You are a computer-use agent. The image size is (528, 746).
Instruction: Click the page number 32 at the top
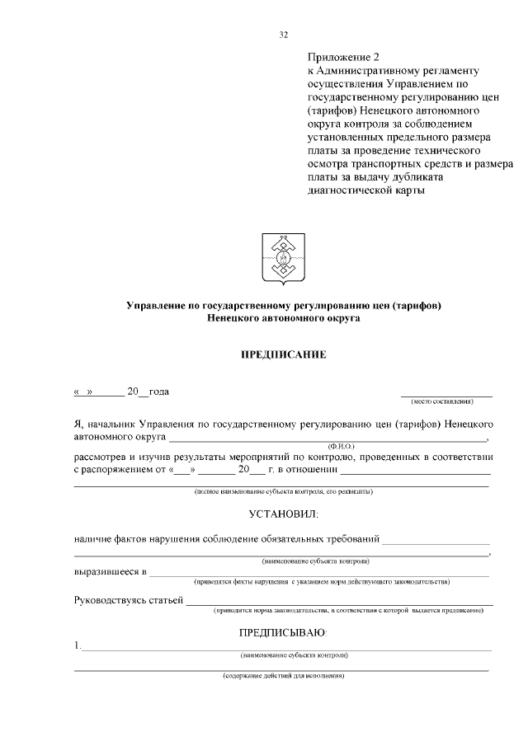(x=284, y=35)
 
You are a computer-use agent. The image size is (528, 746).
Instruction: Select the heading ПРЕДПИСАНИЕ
(x=283, y=355)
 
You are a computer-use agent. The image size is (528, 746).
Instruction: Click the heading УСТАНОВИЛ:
(x=283, y=515)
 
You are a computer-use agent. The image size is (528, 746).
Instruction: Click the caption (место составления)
(x=442, y=401)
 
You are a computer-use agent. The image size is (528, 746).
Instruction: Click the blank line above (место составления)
(x=446, y=396)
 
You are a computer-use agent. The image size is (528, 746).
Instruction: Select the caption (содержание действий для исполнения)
(x=283, y=676)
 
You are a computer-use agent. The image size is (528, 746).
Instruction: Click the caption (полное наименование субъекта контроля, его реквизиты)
(x=283, y=492)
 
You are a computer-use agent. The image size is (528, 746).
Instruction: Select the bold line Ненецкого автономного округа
(x=283, y=318)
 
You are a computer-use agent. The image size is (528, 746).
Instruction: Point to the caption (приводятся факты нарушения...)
(x=322, y=581)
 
